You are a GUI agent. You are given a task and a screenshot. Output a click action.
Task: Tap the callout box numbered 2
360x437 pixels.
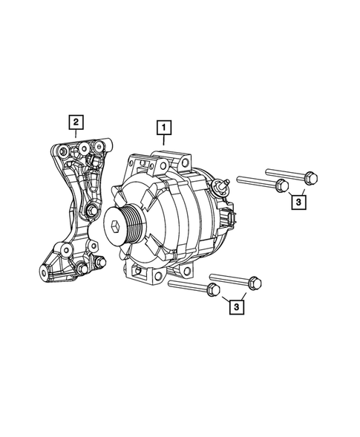pos(76,120)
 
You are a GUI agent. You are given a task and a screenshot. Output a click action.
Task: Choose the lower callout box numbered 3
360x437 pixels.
pos(235,306)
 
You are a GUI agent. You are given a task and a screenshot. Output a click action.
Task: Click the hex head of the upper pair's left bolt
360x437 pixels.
pos(280,185)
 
